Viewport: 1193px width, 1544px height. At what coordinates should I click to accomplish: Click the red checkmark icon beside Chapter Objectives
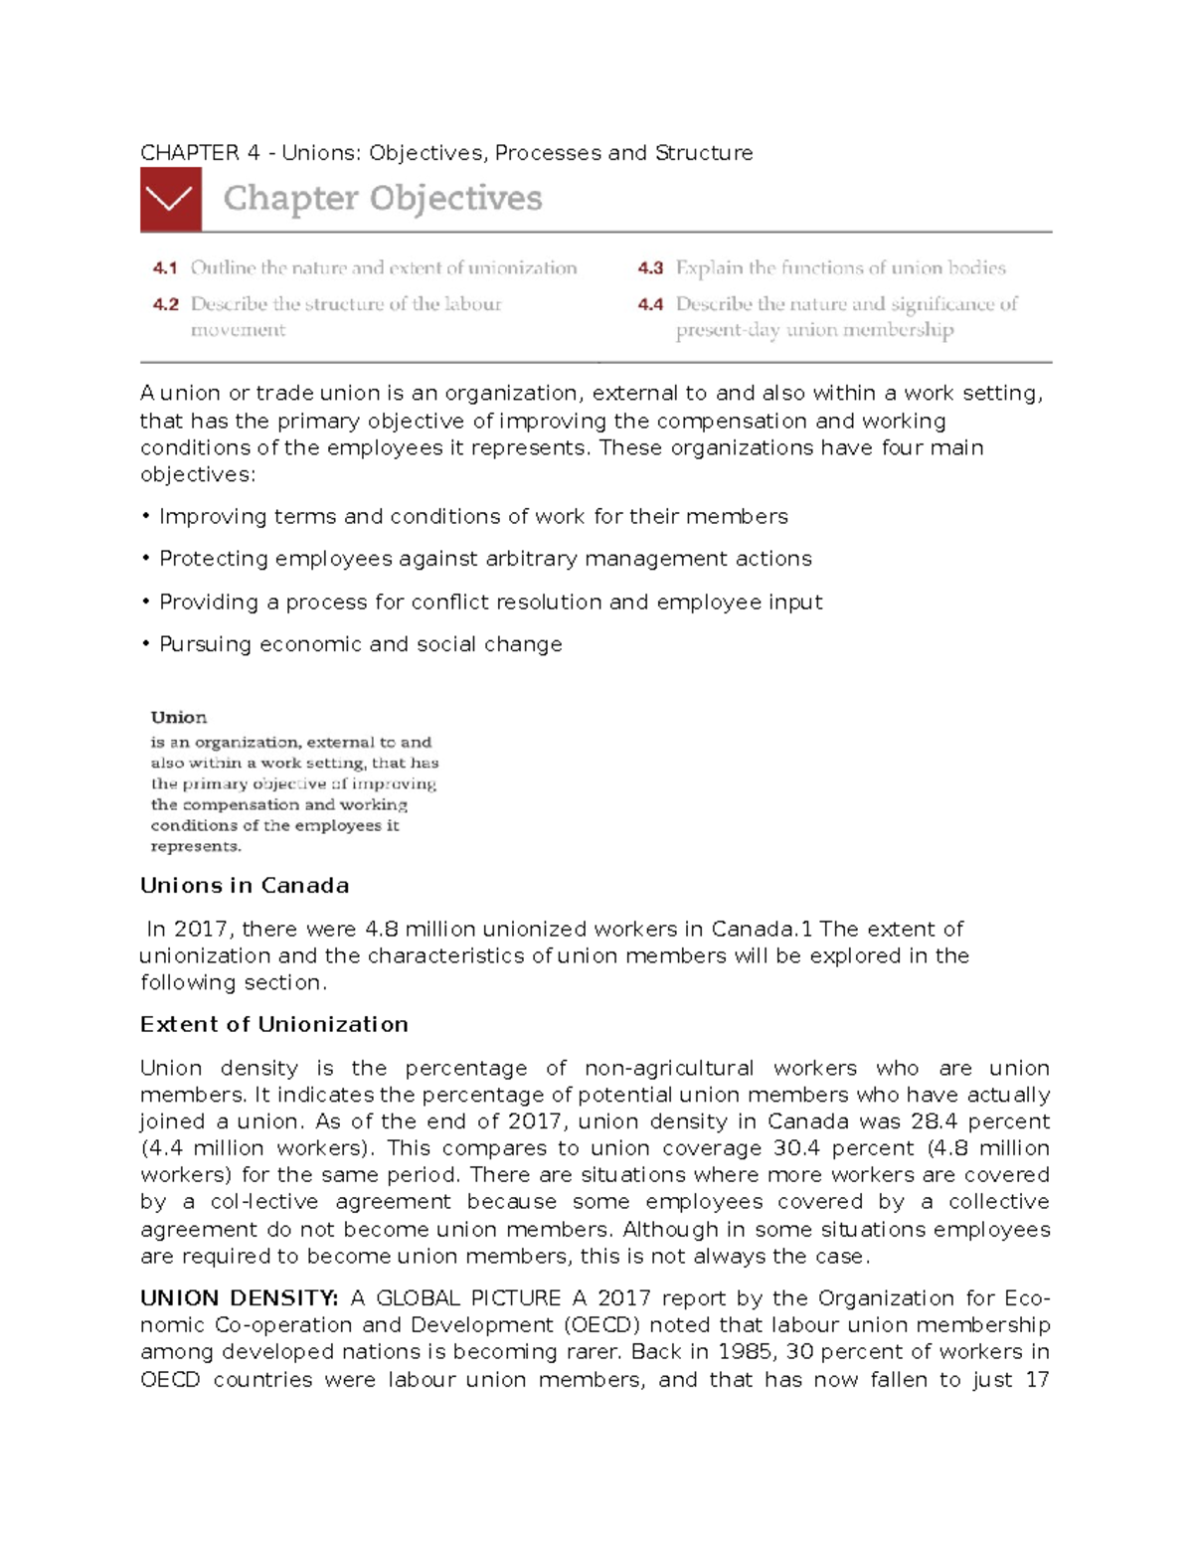(171, 199)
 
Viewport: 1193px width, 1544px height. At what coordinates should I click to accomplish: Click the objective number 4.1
(164, 267)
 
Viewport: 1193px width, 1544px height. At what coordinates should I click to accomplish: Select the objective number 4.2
(164, 304)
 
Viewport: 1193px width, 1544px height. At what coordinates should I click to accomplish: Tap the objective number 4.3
(650, 267)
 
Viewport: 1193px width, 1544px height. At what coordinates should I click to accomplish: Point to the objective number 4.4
(650, 304)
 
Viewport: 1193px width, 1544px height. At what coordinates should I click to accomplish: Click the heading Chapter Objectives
(383, 199)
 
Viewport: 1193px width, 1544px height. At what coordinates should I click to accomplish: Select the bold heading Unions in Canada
(245, 886)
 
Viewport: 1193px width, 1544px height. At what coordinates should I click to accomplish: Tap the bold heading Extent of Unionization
(274, 1025)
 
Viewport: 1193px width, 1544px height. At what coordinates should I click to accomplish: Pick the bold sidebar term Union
(179, 718)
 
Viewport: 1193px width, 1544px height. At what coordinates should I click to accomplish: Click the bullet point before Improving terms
(145, 517)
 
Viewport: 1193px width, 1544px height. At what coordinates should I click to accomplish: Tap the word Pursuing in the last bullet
(205, 644)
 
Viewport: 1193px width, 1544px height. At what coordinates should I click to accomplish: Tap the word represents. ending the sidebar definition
(196, 847)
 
